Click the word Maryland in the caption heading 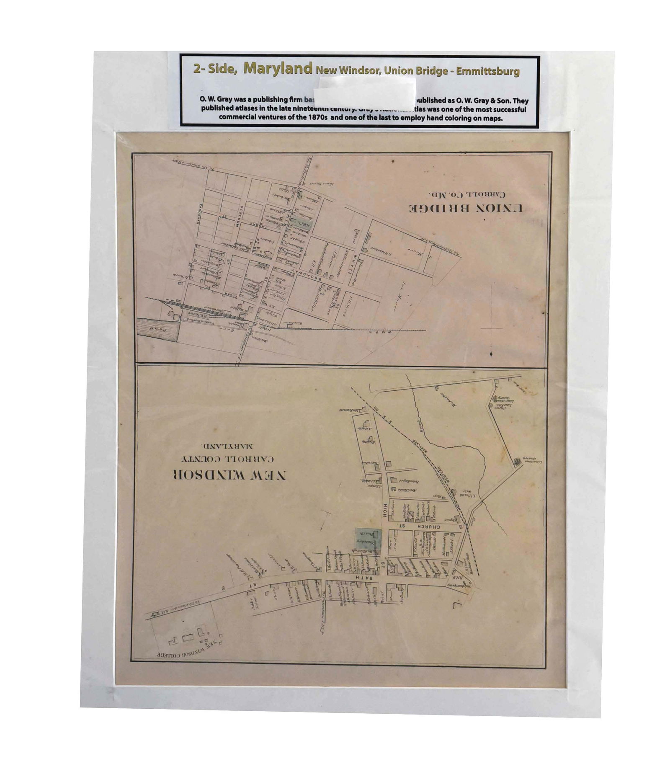pos(278,68)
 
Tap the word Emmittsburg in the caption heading pos(487,71)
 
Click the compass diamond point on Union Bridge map pos(491,355)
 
